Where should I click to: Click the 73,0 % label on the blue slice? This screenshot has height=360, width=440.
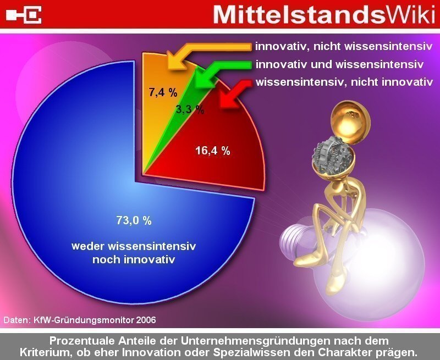tap(134, 220)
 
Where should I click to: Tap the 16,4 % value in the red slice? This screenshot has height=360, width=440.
tap(213, 151)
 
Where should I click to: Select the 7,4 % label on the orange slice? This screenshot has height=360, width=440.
tap(163, 92)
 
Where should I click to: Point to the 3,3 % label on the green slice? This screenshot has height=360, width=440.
tap(190, 109)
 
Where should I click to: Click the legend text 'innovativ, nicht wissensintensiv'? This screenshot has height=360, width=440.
tap(344, 47)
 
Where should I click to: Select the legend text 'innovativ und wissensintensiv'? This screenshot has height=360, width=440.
tap(339, 64)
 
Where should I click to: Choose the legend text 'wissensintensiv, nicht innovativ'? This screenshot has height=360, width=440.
tap(344, 82)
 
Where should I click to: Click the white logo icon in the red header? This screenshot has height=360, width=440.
tap(24, 15)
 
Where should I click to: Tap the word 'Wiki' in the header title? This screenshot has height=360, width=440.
tap(411, 15)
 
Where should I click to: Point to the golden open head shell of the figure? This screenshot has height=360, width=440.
tap(351, 121)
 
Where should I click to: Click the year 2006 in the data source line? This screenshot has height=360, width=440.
tap(146, 320)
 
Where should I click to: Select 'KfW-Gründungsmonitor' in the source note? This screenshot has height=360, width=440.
tap(84, 320)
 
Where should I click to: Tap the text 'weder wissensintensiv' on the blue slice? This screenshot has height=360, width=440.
tap(134, 246)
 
